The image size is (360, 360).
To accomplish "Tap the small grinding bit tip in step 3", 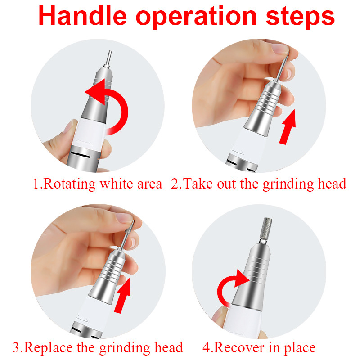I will [x=132, y=225].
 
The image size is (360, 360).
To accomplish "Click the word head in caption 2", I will [x=331, y=184].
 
